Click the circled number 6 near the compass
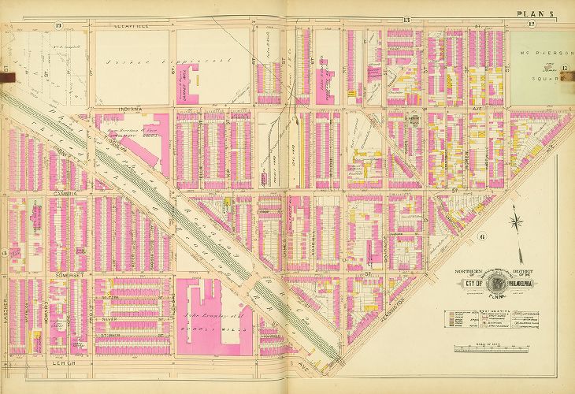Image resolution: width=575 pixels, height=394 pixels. pyautogui.click(x=480, y=236)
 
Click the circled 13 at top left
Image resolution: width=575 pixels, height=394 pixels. pyautogui.click(x=58, y=25)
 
